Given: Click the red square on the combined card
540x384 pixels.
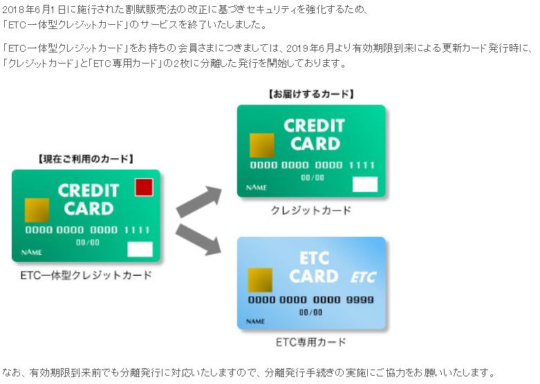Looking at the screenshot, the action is [144, 188].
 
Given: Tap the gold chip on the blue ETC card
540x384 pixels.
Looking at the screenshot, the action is [260, 280].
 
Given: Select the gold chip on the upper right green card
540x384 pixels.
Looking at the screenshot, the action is [262, 145].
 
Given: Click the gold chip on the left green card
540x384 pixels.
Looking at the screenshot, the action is [37, 210].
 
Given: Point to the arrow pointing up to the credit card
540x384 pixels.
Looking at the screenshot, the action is [199, 201].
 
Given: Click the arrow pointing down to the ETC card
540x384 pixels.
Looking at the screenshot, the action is [198, 240].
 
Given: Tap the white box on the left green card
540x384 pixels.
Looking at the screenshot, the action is [140, 249].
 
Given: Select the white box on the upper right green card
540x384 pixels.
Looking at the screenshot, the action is [365, 184].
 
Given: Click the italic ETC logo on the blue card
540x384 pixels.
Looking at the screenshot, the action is [363, 278].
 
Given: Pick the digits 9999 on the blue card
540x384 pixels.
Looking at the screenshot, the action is [360, 300].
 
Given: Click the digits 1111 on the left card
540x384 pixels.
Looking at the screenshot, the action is [137, 230].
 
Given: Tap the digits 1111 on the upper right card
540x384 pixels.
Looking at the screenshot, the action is [362, 165].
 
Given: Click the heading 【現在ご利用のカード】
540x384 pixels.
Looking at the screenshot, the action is [86, 159].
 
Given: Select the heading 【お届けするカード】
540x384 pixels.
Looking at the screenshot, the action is [311, 94].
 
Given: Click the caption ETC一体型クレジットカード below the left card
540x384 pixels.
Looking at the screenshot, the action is [86, 276].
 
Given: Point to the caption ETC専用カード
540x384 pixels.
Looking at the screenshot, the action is [311, 342].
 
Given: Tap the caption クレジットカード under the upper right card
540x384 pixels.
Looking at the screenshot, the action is [311, 210].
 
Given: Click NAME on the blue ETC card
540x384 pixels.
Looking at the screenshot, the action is [256, 321].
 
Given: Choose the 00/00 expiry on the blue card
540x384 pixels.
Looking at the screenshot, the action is [310, 312].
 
